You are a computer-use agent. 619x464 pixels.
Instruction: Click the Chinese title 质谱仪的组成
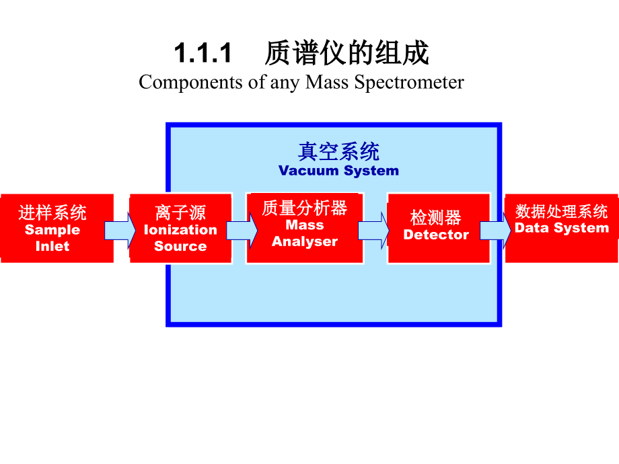[347, 54]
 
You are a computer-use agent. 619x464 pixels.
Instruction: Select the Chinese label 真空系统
[338, 151]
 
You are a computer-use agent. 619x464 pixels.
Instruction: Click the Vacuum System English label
[338, 171]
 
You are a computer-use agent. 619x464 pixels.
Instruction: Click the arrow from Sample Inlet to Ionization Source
[121, 229]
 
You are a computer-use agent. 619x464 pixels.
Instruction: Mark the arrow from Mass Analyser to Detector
[373, 229]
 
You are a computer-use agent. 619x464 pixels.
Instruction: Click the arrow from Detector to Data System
[496, 229]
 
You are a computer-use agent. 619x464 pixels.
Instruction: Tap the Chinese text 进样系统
[52, 213]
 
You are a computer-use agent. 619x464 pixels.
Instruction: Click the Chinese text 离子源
[180, 213]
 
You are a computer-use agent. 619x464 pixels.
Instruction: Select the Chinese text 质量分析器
[304, 208]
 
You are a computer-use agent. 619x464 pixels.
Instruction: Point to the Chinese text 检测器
[436, 217]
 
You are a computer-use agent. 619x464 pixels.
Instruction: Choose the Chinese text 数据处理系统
[561, 211]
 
